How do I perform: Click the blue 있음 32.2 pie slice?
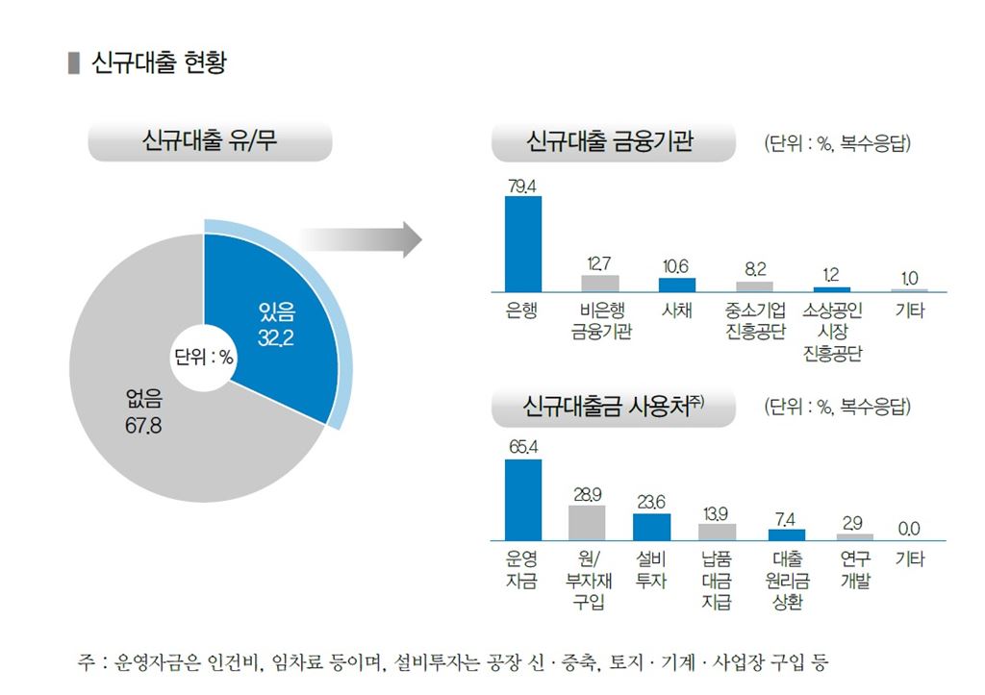click(279, 317)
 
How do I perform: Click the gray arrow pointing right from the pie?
click(362, 239)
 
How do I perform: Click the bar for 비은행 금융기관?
click(600, 283)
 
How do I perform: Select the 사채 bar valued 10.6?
click(677, 285)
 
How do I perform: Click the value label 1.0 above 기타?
click(909, 278)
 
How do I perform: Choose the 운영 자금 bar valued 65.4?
click(523, 500)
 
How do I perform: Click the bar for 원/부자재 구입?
click(588, 522)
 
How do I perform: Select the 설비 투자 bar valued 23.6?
click(651, 527)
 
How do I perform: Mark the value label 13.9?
click(716, 511)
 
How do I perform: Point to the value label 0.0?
click(909, 529)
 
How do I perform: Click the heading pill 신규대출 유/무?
click(210, 144)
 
